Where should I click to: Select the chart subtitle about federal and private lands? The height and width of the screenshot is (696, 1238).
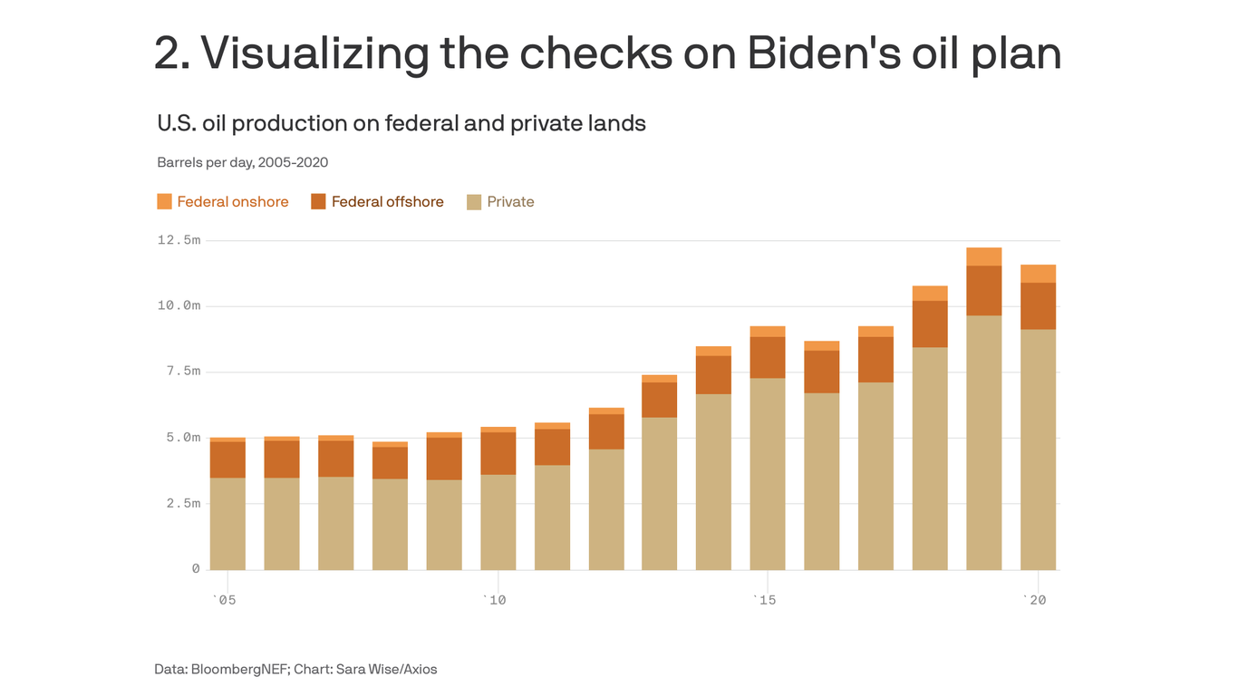coord(401,123)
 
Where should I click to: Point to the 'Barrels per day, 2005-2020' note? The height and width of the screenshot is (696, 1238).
coord(242,163)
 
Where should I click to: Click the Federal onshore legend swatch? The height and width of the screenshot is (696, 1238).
coord(164,201)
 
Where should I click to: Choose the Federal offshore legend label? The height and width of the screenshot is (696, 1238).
coord(387,202)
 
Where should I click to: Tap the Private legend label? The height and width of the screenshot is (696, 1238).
coord(510,202)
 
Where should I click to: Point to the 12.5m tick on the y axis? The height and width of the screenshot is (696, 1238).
coord(179,240)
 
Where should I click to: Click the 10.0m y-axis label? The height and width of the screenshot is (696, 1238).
coord(179,306)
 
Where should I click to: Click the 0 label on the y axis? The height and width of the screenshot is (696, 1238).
coord(195,569)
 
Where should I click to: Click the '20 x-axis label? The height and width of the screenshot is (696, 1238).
coord(1034,600)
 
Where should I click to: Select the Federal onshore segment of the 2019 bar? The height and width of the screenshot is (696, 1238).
coord(983,256)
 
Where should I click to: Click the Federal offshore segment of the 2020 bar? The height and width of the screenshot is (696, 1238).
coord(1038,305)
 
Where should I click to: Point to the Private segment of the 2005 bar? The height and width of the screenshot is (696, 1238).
coord(227,524)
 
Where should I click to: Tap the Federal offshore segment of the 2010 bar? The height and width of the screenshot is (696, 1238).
coord(498,453)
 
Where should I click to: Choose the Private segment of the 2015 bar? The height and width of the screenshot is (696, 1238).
coord(768,474)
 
